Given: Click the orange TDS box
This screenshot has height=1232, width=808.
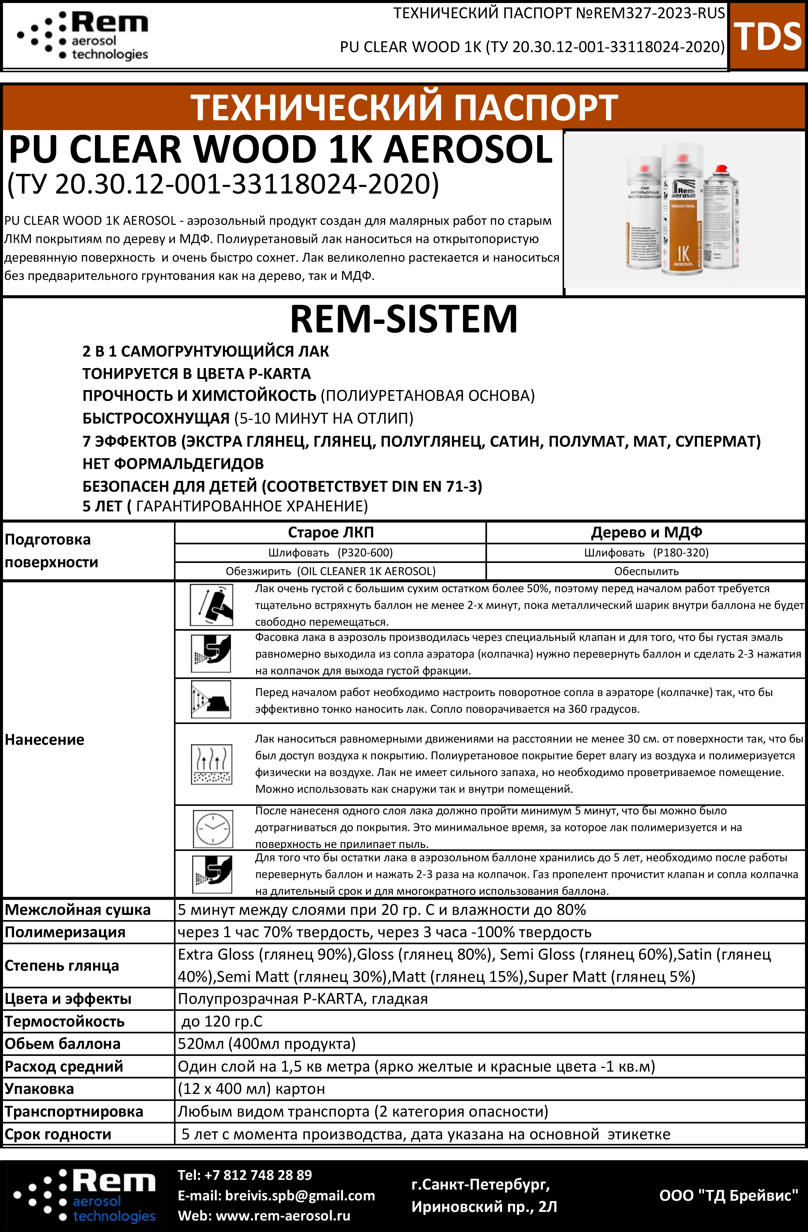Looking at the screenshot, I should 768,36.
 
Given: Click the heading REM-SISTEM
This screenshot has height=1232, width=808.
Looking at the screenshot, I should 403,319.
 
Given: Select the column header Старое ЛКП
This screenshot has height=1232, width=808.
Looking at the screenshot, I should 330,532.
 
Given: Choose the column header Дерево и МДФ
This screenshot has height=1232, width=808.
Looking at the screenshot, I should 646,532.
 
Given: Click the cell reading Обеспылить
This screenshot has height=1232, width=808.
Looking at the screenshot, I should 646,571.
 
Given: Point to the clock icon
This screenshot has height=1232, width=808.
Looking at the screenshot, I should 212,828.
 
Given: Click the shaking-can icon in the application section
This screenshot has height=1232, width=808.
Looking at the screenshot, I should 211,604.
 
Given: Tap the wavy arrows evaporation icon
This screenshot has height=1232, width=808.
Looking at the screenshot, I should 211,764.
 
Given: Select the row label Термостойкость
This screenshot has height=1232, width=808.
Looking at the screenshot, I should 65,1021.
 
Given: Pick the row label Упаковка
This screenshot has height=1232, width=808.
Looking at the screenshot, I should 39,1089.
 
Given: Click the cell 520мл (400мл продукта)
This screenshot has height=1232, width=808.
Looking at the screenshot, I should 267,1044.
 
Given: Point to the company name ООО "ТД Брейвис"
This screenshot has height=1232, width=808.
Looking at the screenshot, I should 729,1195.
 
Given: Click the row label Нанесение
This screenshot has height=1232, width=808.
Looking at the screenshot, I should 45,740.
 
